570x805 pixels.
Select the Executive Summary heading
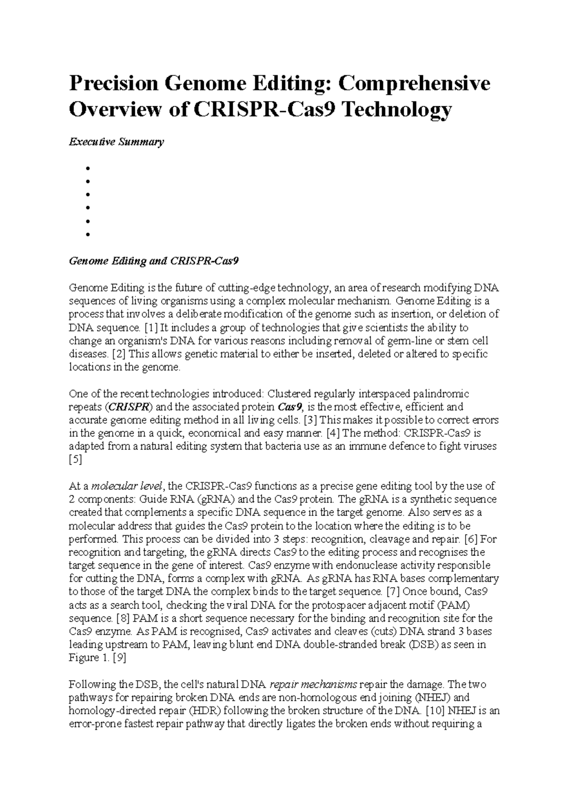point(116,141)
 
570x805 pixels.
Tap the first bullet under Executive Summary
point(87,168)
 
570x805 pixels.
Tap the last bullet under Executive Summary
point(87,234)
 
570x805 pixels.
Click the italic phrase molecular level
point(127,486)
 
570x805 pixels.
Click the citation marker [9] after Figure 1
point(118,658)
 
